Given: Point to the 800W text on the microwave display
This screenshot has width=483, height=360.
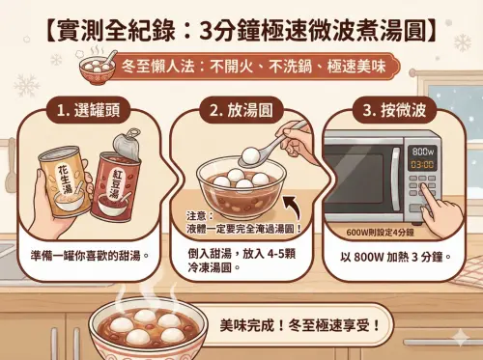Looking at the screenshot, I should coord(422,152).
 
